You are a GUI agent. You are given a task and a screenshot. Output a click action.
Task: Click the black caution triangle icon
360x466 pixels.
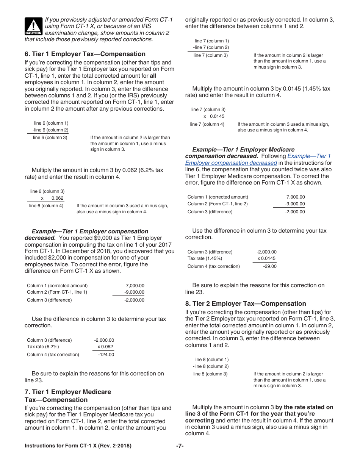(33, 27)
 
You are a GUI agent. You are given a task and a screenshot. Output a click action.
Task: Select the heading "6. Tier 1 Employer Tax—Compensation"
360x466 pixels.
(85, 54)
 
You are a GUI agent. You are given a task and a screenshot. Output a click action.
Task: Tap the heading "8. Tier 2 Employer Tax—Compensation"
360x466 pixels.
(245, 303)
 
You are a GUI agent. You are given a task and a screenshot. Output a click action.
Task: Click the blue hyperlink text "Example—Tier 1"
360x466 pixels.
(309, 156)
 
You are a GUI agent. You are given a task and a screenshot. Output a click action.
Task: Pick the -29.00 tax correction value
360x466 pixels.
(270, 266)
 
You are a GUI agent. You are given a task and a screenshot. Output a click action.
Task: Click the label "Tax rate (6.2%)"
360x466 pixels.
(43, 347)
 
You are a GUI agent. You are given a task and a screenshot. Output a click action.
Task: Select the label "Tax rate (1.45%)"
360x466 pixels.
(205, 258)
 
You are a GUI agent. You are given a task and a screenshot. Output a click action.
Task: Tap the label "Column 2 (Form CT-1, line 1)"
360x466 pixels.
(57, 292)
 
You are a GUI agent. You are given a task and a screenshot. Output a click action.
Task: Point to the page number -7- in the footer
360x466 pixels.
(180, 446)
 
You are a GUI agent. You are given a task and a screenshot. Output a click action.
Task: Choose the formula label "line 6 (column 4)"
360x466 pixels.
(46, 206)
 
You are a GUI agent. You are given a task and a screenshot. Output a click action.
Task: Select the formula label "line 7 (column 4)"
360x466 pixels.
(207, 124)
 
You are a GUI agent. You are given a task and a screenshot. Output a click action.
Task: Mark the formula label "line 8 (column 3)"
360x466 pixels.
(210, 374)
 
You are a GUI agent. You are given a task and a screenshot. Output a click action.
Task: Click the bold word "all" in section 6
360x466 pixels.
(153, 76)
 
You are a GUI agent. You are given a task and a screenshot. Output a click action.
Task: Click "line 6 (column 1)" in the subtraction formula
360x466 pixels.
(51, 123)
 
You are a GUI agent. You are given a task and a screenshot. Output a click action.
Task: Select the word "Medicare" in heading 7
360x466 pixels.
(96, 392)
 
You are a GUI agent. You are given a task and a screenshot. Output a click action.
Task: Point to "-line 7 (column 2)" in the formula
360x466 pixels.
(211, 47)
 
